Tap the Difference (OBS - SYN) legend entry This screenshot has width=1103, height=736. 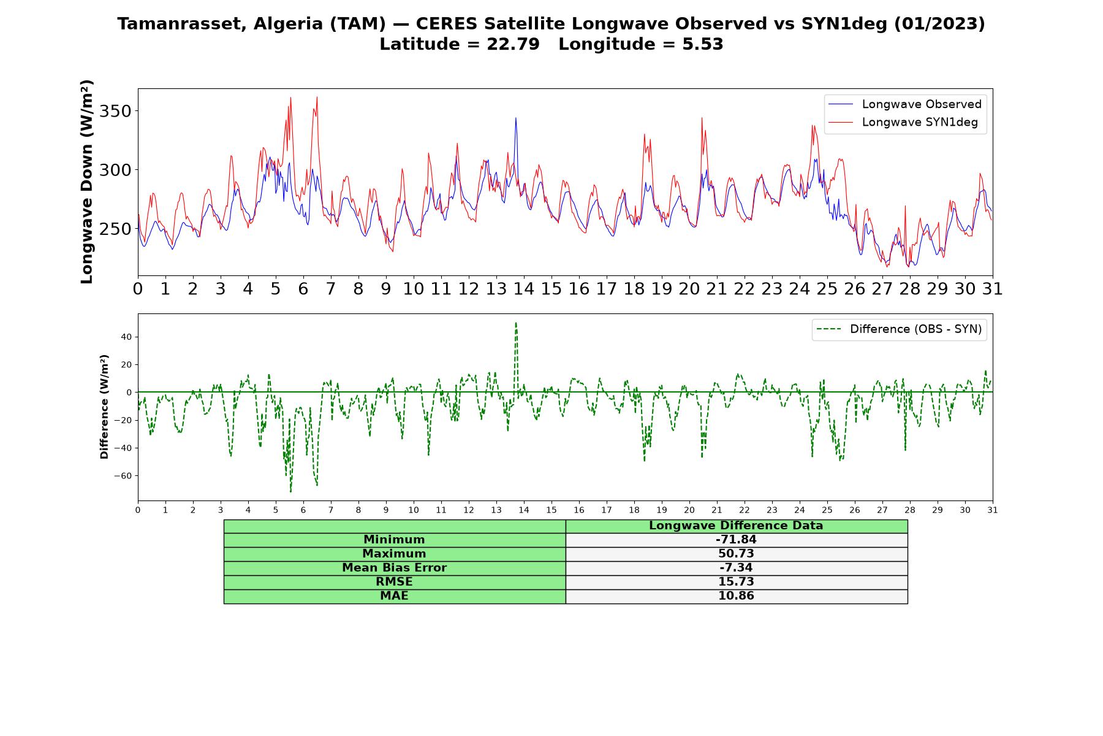(x=899, y=329)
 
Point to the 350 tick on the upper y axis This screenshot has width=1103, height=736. (x=115, y=111)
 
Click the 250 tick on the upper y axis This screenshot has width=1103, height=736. (x=115, y=229)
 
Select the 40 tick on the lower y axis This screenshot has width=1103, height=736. (x=127, y=337)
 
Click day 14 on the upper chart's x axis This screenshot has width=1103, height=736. (x=524, y=289)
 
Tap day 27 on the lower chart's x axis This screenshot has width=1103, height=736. (x=882, y=510)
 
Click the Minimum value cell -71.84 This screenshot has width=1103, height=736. (x=736, y=540)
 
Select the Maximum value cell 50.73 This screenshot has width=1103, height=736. (x=736, y=554)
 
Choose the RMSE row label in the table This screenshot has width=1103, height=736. (x=395, y=582)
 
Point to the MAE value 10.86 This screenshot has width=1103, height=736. (x=736, y=596)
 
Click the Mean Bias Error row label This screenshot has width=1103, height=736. (x=395, y=568)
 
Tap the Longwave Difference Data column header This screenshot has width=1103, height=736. (x=736, y=526)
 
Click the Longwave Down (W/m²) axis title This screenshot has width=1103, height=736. (x=86, y=182)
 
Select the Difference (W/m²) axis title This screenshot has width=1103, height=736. (x=104, y=407)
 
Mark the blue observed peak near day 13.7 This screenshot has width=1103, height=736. (x=516, y=118)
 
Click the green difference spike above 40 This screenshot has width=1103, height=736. (x=516, y=324)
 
